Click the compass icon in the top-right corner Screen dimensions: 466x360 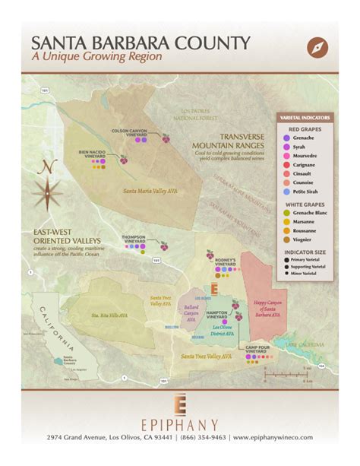click(318, 48)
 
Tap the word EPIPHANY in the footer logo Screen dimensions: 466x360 click(180, 424)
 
